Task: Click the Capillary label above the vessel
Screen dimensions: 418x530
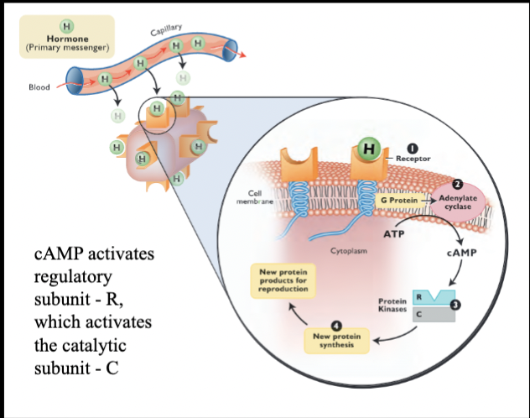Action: (168, 31)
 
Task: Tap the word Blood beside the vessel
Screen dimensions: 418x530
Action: (39, 86)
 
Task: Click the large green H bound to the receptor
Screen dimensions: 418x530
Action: (367, 149)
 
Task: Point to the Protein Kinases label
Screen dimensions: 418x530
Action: (392, 306)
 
